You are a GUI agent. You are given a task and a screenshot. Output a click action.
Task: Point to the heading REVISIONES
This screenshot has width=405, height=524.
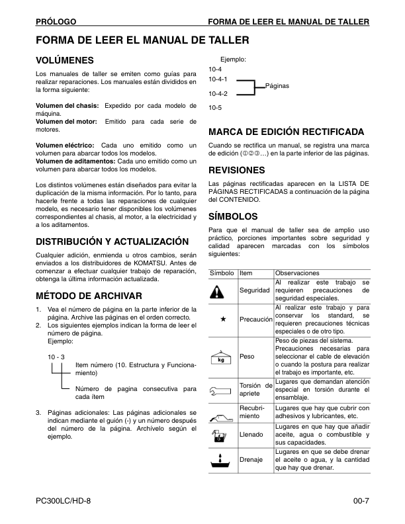(x=236, y=169)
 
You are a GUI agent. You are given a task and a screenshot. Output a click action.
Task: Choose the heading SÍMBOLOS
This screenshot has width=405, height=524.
(x=232, y=216)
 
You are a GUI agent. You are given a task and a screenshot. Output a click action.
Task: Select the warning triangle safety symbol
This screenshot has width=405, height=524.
(x=222, y=290)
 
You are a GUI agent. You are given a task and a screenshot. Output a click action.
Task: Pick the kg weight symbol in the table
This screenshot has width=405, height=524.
(x=222, y=357)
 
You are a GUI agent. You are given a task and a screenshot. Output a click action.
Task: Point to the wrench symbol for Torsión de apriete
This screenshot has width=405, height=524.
(x=222, y=390)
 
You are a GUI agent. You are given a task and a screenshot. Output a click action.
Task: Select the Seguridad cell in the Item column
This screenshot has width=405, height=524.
(x=254, y=290)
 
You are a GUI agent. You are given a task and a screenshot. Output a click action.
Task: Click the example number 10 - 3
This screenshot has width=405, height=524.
(x=56, y=357)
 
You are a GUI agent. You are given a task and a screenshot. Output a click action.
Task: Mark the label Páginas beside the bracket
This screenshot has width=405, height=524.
(x=277, y=86)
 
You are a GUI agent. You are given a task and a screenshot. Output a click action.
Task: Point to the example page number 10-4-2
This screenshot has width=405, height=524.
(x=218, y=94)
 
